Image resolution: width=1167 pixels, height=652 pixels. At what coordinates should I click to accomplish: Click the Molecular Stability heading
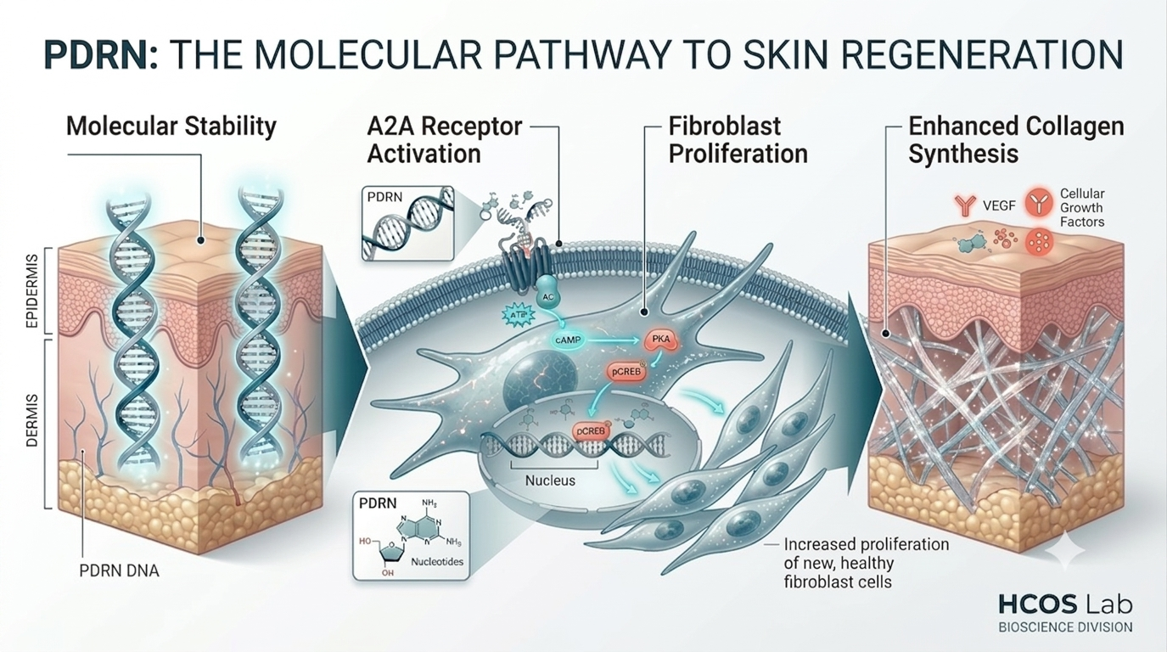171,126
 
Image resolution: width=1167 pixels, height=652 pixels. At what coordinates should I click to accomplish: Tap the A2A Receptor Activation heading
445,140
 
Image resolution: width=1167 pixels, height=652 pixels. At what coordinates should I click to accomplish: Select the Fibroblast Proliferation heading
738,140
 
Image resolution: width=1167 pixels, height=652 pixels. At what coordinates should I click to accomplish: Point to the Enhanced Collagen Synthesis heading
1016,140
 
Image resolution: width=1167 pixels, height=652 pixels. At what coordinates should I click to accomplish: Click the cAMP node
568,340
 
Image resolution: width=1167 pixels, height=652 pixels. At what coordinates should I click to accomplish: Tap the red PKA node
660,340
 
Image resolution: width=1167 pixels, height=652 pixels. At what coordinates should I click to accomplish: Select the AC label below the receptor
547,297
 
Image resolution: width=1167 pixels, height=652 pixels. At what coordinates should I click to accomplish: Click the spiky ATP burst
519,315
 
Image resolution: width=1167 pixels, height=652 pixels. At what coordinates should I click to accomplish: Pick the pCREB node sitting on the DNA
591,431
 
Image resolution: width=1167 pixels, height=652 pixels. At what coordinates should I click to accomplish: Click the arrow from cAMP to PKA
613,340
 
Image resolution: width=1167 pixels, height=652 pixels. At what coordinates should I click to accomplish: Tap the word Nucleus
550,481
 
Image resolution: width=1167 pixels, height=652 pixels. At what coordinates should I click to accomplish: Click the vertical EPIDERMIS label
31,291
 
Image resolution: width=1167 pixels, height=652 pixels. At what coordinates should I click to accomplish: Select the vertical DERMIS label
31,421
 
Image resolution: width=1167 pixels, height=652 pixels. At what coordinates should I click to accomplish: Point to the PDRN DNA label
119,571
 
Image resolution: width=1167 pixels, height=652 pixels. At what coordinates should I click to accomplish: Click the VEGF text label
999,206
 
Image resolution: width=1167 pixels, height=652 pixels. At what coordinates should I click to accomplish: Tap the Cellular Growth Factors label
1082,207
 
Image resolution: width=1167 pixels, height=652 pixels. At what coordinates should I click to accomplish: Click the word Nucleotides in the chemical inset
437,562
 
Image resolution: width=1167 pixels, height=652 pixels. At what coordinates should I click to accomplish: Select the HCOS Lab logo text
1065,605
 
